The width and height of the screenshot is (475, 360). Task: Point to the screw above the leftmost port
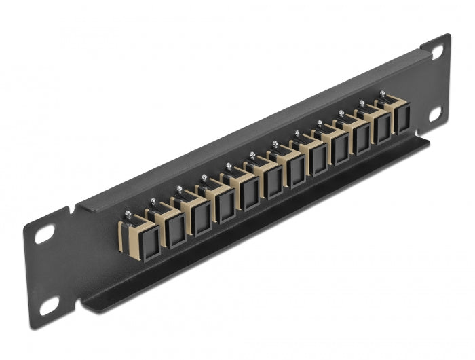click(127, 215)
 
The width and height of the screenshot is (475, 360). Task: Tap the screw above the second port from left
click(153, 202)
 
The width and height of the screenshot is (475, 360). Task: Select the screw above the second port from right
click(362, 103)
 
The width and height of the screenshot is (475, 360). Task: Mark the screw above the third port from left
click(179, 190)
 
